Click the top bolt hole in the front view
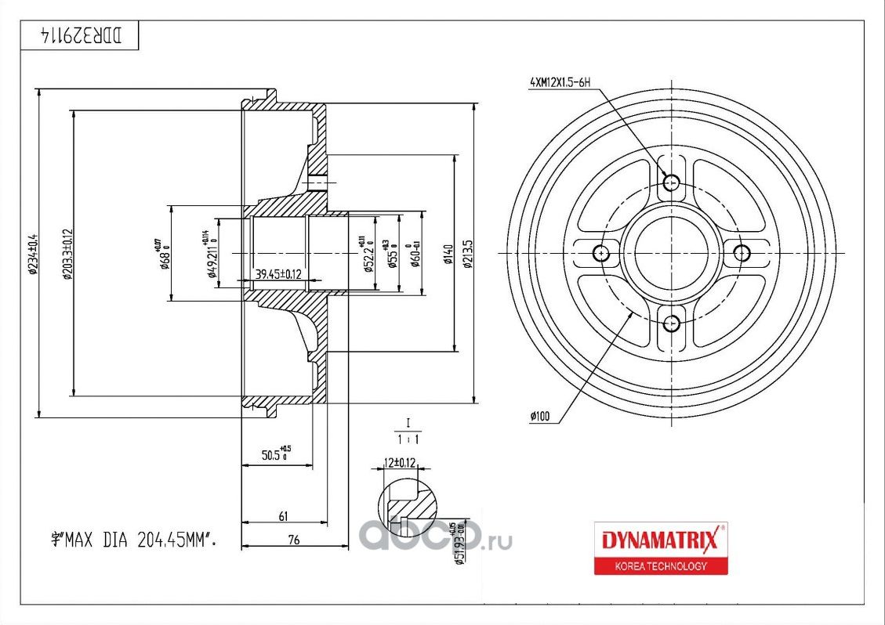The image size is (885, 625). click(x=671, y=182)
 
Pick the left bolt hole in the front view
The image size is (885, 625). click(x=601, y=253)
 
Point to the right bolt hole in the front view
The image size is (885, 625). click(x=741, y=253)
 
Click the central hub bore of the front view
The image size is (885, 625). click(x=671, y=253)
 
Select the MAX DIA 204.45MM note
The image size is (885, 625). click(x=132, y=539)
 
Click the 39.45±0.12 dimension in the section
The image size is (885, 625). click(x=278, y=274)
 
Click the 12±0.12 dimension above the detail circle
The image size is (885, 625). click(x=398, y=464)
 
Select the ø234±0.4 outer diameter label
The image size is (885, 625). click(x=33, y=252)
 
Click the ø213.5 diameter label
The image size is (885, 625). click(x=468, y=253)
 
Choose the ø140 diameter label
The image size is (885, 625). click(x=448, y=253)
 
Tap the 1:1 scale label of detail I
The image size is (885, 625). click(x=408, y=439)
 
